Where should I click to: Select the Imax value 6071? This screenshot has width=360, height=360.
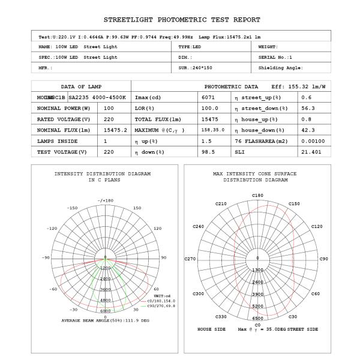click(x=209, y=97)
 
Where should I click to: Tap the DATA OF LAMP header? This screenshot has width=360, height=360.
click(x=82, y=86)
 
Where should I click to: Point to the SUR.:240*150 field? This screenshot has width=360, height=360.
click(x=199, y=68)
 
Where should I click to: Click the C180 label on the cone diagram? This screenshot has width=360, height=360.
click(x=257, y=196)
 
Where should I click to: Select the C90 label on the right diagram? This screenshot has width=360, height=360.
click(x=324, y=259)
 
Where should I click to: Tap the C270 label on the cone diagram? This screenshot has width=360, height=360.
click(x=190, y=259)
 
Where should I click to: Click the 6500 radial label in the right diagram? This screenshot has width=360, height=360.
click(x=257, y=319)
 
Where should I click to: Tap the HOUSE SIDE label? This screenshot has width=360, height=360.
click(x=212, y=329)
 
